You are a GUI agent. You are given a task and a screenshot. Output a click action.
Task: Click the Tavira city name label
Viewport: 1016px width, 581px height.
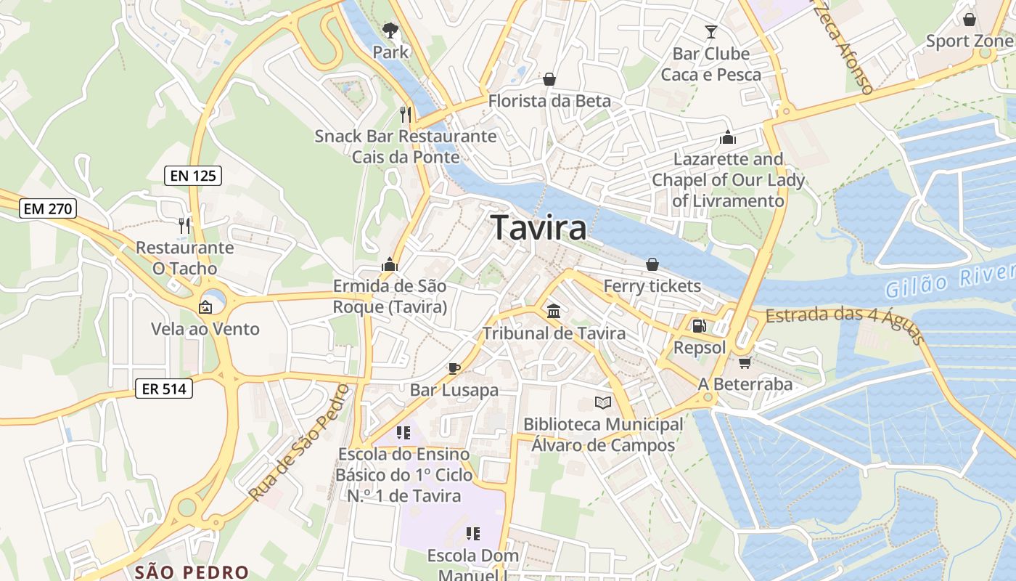[x=539, y=228]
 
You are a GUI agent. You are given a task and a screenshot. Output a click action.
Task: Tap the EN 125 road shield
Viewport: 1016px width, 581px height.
[x=192, y=175]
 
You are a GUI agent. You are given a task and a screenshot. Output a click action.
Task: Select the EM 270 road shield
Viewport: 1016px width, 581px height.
[x=48, y=209]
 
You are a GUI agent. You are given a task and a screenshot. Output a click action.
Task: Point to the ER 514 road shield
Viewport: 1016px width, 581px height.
[x=165, y=389]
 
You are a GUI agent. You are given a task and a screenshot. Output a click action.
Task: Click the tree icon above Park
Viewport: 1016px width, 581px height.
[x=390, y=31]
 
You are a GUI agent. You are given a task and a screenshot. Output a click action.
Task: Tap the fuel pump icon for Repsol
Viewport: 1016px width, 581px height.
[x=699, y=327]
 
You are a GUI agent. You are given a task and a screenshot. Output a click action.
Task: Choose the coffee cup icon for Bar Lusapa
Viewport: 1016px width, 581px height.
[x=454, y=368]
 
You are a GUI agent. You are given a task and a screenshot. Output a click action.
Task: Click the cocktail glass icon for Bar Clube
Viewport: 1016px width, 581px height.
[x=710, y=32]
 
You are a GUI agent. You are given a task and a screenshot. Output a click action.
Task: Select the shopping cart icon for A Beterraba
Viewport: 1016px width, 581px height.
[x=745, y=362]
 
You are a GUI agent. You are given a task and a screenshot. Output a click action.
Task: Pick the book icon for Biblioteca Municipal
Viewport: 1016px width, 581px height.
[x=603, y=402]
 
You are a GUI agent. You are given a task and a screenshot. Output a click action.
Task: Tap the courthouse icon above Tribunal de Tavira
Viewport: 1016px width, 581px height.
[x=554, y=312]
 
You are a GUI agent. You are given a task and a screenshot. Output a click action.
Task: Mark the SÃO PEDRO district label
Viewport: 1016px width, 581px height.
[x=192, y=572]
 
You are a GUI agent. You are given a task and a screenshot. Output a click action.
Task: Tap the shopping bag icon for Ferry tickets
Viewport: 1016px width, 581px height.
[x=652, y=264]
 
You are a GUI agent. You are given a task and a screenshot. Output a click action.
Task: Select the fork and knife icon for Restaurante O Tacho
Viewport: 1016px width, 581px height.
[x=184, y=226]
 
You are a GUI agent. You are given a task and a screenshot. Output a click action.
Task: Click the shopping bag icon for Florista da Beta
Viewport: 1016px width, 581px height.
[x=549, y=78]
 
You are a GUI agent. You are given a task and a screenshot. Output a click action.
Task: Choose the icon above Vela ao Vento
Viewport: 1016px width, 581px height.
[x=205, y=307]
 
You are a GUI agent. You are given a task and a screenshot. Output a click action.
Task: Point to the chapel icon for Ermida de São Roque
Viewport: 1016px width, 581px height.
[x=390, y=264]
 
